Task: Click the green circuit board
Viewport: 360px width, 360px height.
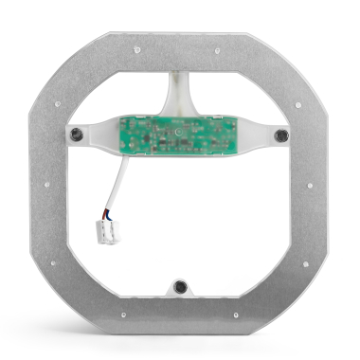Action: (x=178, y=135)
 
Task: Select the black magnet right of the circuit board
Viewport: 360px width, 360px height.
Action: (x=280, y=135)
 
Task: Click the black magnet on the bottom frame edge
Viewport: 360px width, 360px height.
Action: (x=177, y=286)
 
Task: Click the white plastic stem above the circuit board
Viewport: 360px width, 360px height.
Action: (x=179, y=93)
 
